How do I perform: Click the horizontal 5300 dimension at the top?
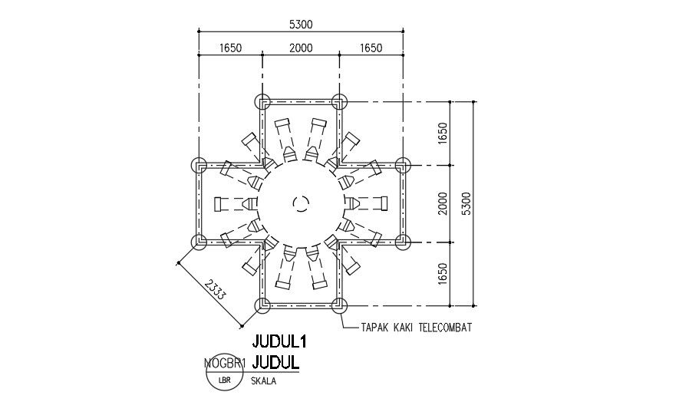tap(301, 25)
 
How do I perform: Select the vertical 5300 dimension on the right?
tap(466, 203)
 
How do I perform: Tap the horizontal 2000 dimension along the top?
tap(301, 48)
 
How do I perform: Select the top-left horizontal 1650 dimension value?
tap(230, 48)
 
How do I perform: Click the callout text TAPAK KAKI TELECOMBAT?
tap(415, 327)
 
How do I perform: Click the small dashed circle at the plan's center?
tap(301, 203)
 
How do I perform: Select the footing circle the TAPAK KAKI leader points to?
tap(339, 306)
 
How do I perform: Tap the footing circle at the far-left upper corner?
tap(199, 166)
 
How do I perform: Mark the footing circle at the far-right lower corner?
tap(404, 242)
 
